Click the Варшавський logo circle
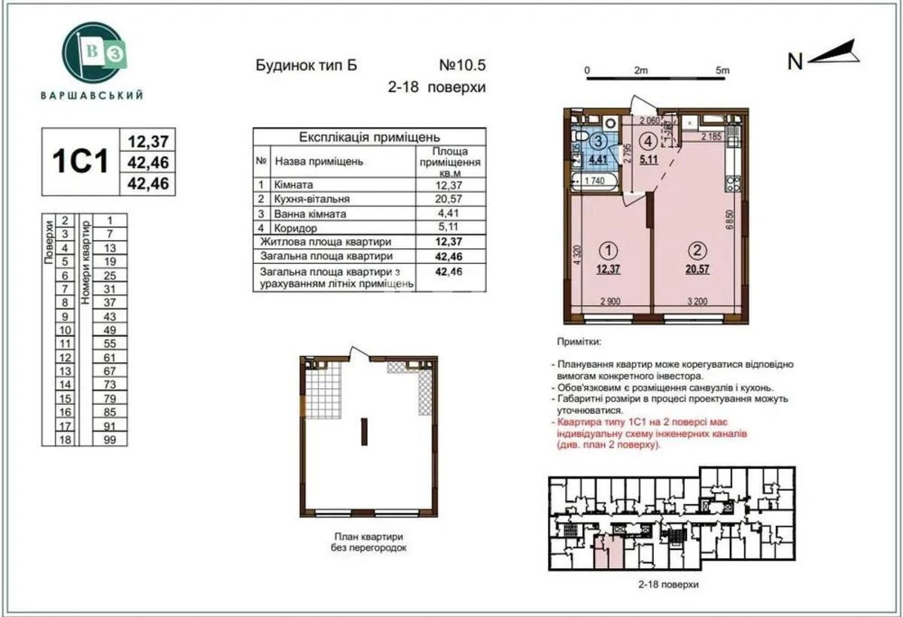tap(92, 53)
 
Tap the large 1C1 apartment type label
tap(80, 162)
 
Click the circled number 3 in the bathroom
tap(599, 141)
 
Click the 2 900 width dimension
tap(610, 303)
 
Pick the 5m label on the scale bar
tap(723, 70)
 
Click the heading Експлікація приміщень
tap(369, 137)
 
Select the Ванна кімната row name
tap(310, 214)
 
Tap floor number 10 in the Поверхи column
tap(65, 330)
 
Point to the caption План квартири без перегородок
tap(369, 542)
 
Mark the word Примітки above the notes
tap(579, 341)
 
